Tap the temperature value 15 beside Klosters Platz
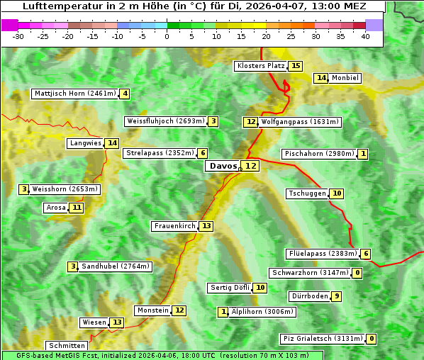[296, 66]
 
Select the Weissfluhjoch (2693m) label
[165, 121]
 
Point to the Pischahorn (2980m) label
[318, 154]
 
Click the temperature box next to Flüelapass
[365, 254]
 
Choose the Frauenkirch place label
[174, 226]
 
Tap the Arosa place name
[55, 208]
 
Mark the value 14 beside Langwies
[113, 143]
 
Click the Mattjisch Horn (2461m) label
[74, 94]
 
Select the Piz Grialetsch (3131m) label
[323, 339]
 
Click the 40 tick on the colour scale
[365, 37]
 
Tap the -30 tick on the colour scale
[18, 37]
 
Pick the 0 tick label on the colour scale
[167, 37]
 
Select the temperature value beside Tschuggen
[337, 193]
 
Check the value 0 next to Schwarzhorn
[357, 273]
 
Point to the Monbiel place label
[345, 78]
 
